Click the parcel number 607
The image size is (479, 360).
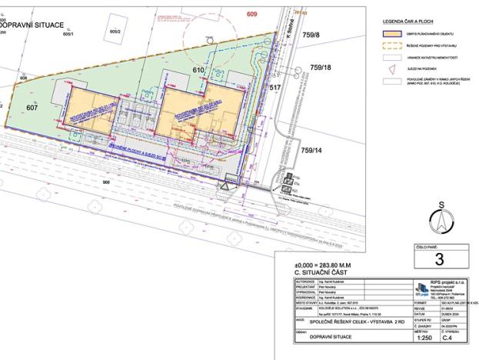pyautogui.click(x=32, y=108)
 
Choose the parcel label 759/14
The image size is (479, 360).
pyautogui.click(x=316, y=151)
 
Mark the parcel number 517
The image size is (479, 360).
pyautogui.click(x=274, y=89)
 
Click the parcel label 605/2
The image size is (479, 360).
pyautogui.click(x=115, y=32)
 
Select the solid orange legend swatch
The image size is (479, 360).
pyautogui.click(x=391, y=35)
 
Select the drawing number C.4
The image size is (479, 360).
pyautogui.click(x=458, y=337)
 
